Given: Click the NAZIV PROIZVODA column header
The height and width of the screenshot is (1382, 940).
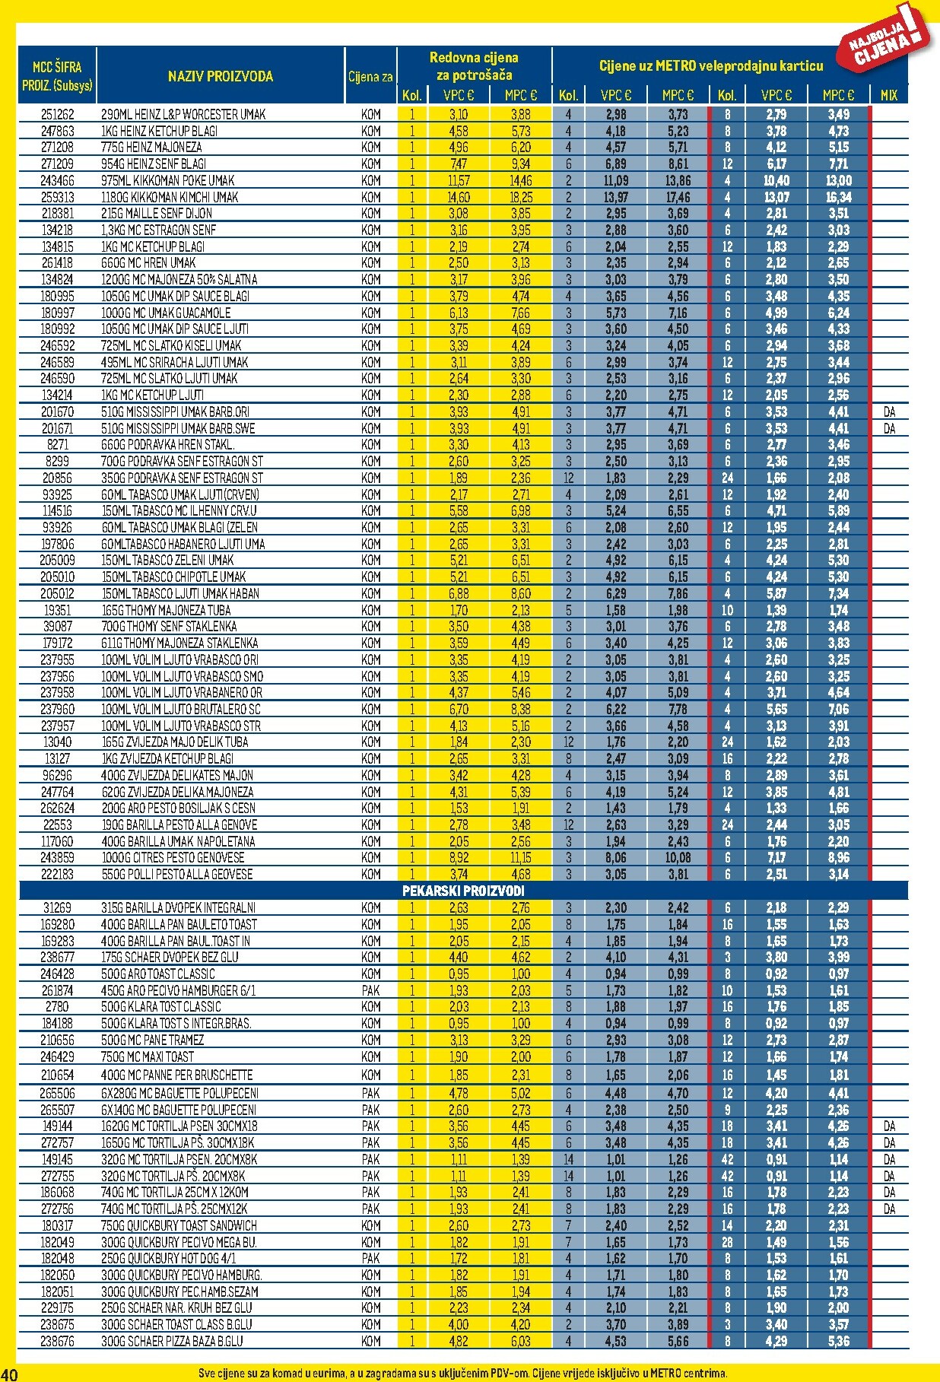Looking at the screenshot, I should click(220, 76).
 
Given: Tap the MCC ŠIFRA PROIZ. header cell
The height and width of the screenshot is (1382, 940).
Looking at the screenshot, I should click(57, 76).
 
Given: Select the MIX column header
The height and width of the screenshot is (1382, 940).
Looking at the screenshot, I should click(888, 95).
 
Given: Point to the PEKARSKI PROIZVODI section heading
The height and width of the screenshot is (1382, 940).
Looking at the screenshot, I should click(463, 891).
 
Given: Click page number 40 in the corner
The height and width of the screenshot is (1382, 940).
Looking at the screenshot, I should click(9, 1373).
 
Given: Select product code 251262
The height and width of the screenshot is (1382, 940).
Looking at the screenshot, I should click(57, 114).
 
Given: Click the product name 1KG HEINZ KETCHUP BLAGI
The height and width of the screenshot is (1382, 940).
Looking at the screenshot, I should click(159, 131).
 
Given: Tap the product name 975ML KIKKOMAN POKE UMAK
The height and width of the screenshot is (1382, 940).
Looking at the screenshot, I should click(167, 180).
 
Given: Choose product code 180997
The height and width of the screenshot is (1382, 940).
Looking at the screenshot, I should click(57, 313).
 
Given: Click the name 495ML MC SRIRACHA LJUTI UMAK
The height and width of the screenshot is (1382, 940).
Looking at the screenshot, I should click(174, 362).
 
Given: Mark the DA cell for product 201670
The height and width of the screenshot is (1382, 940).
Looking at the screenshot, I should click(889, 411).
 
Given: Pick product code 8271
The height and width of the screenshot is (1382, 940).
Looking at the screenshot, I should click(57, 444).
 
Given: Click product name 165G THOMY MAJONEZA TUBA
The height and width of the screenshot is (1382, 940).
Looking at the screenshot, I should click(166, 610).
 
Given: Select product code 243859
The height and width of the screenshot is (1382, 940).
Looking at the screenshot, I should click(57, 857).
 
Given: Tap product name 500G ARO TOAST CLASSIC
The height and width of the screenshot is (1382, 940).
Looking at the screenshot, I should click(157, 974).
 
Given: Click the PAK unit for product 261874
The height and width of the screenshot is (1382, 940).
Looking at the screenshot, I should click(370, 990).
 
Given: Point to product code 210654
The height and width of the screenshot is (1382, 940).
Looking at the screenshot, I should click(57, 1075).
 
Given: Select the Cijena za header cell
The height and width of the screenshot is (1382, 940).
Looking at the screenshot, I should click(370, 76).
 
